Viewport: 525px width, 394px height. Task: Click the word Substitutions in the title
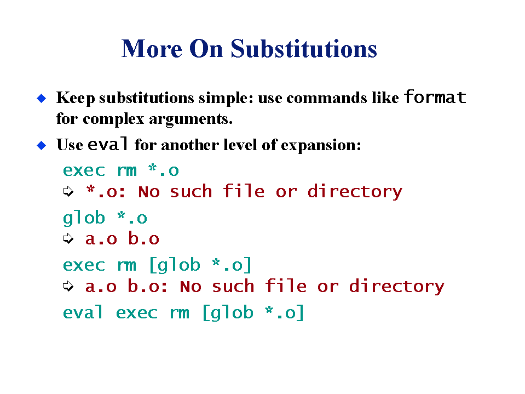[304, 49]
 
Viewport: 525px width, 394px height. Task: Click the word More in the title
[152, 49]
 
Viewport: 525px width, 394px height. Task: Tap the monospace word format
[435, 97]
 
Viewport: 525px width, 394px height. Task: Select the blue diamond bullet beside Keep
[42, 99]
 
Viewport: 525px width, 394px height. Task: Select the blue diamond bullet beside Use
[42, 145]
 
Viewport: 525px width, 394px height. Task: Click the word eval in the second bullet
[107, 144]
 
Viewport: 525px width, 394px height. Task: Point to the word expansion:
[321, 146]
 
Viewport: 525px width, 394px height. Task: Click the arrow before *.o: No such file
[68, 192]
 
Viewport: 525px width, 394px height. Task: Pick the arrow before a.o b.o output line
[68, 238]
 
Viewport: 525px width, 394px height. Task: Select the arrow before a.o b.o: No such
[68, 286]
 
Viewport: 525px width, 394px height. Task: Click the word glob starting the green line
[84, 218]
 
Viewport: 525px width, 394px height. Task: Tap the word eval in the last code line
[83, 312]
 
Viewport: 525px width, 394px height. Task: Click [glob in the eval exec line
[228, 312]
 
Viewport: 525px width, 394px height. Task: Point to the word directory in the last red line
[397, 287]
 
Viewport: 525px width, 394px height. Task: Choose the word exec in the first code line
[84, 171]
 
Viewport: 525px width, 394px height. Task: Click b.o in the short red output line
[143, 238]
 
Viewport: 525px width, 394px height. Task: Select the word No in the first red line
[149, 192]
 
